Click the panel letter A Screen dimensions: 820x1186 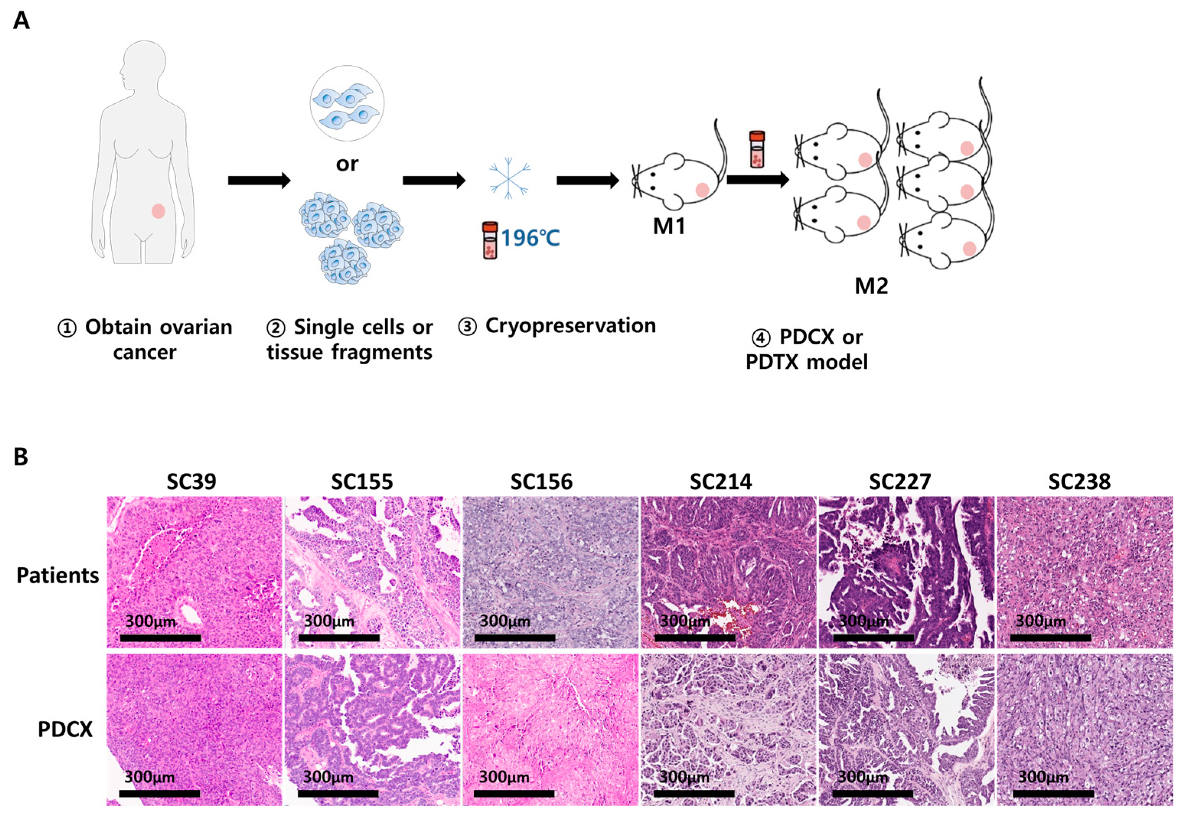tap(21, 21)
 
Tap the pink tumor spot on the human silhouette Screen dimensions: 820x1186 tap(158, 211)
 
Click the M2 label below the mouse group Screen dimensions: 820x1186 tap(872, 286)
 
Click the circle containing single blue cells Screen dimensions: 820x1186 tap(347, 103)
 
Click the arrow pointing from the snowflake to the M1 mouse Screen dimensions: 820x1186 tap(588, 180)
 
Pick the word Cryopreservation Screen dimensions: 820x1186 tap(571, 326)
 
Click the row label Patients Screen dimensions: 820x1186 tap(57, 575)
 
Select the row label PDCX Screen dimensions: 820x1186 tap(65, 729)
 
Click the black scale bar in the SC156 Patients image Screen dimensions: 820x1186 tap(515, 638)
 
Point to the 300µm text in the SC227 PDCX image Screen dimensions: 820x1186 tap(863, 777)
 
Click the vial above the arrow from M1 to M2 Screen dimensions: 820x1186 tap(756, 149)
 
